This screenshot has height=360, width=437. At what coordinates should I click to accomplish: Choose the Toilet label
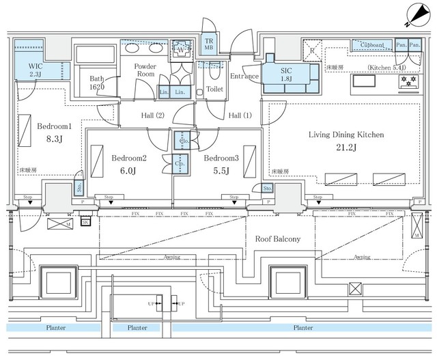[x=215, y=89]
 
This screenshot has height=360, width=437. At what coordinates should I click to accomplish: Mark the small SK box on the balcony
[x=86, y=222]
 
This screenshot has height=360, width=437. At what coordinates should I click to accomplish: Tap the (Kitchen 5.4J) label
[x=387, y=68]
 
